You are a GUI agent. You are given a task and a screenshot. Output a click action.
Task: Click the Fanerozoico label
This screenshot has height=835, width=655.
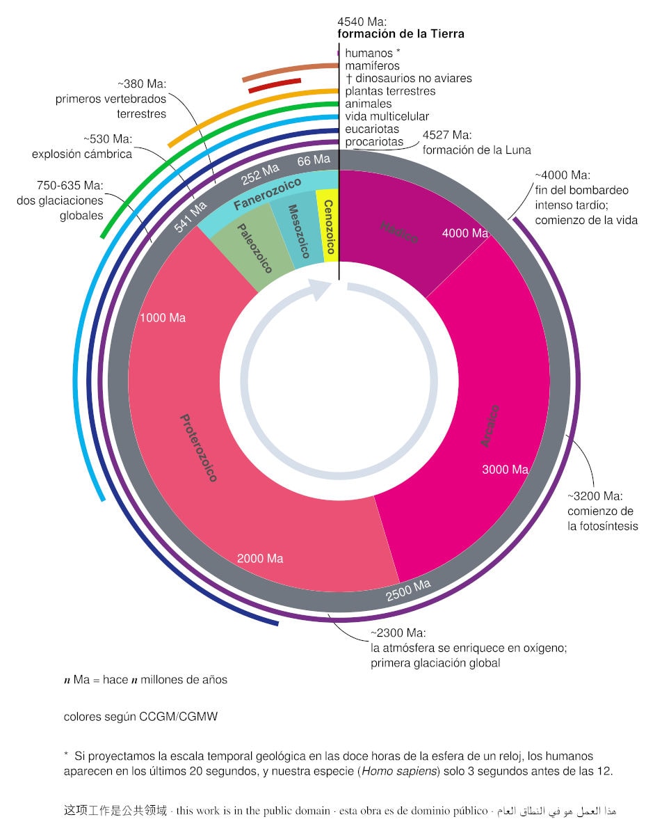click(x=268, y=194)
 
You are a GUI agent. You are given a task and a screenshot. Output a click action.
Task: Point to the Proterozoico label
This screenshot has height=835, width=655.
click(x=199, y=447)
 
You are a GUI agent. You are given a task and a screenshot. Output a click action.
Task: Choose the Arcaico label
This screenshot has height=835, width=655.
click(x=490, y=424)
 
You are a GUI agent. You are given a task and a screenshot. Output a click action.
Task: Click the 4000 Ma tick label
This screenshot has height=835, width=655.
click(x=465, y=234)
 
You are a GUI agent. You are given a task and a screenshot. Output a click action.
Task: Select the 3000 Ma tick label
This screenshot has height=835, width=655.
click(x=506, y=470)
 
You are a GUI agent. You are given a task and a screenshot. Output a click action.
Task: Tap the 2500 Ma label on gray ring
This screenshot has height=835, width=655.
click(x=408, y=590)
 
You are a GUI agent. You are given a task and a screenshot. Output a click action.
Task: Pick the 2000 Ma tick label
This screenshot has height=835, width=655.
click(x=260, y=558)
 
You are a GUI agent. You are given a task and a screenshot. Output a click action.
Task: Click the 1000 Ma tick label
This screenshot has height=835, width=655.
click(x=163, y=318)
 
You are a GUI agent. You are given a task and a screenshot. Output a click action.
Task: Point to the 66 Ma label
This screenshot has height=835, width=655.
click(x=314, y=161)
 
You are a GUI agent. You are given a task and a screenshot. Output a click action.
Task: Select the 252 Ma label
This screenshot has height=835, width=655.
click(x=260, y=175)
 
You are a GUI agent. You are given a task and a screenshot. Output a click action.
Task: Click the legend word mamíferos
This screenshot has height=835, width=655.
click(x=373, y=65)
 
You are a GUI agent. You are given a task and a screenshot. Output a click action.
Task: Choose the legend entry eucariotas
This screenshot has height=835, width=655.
click(x=372, y=129)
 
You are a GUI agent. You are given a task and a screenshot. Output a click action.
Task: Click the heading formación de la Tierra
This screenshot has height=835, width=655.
click(x=401, y=33)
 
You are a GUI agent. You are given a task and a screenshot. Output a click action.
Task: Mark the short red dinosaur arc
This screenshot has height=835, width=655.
click(x=274, y=85)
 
